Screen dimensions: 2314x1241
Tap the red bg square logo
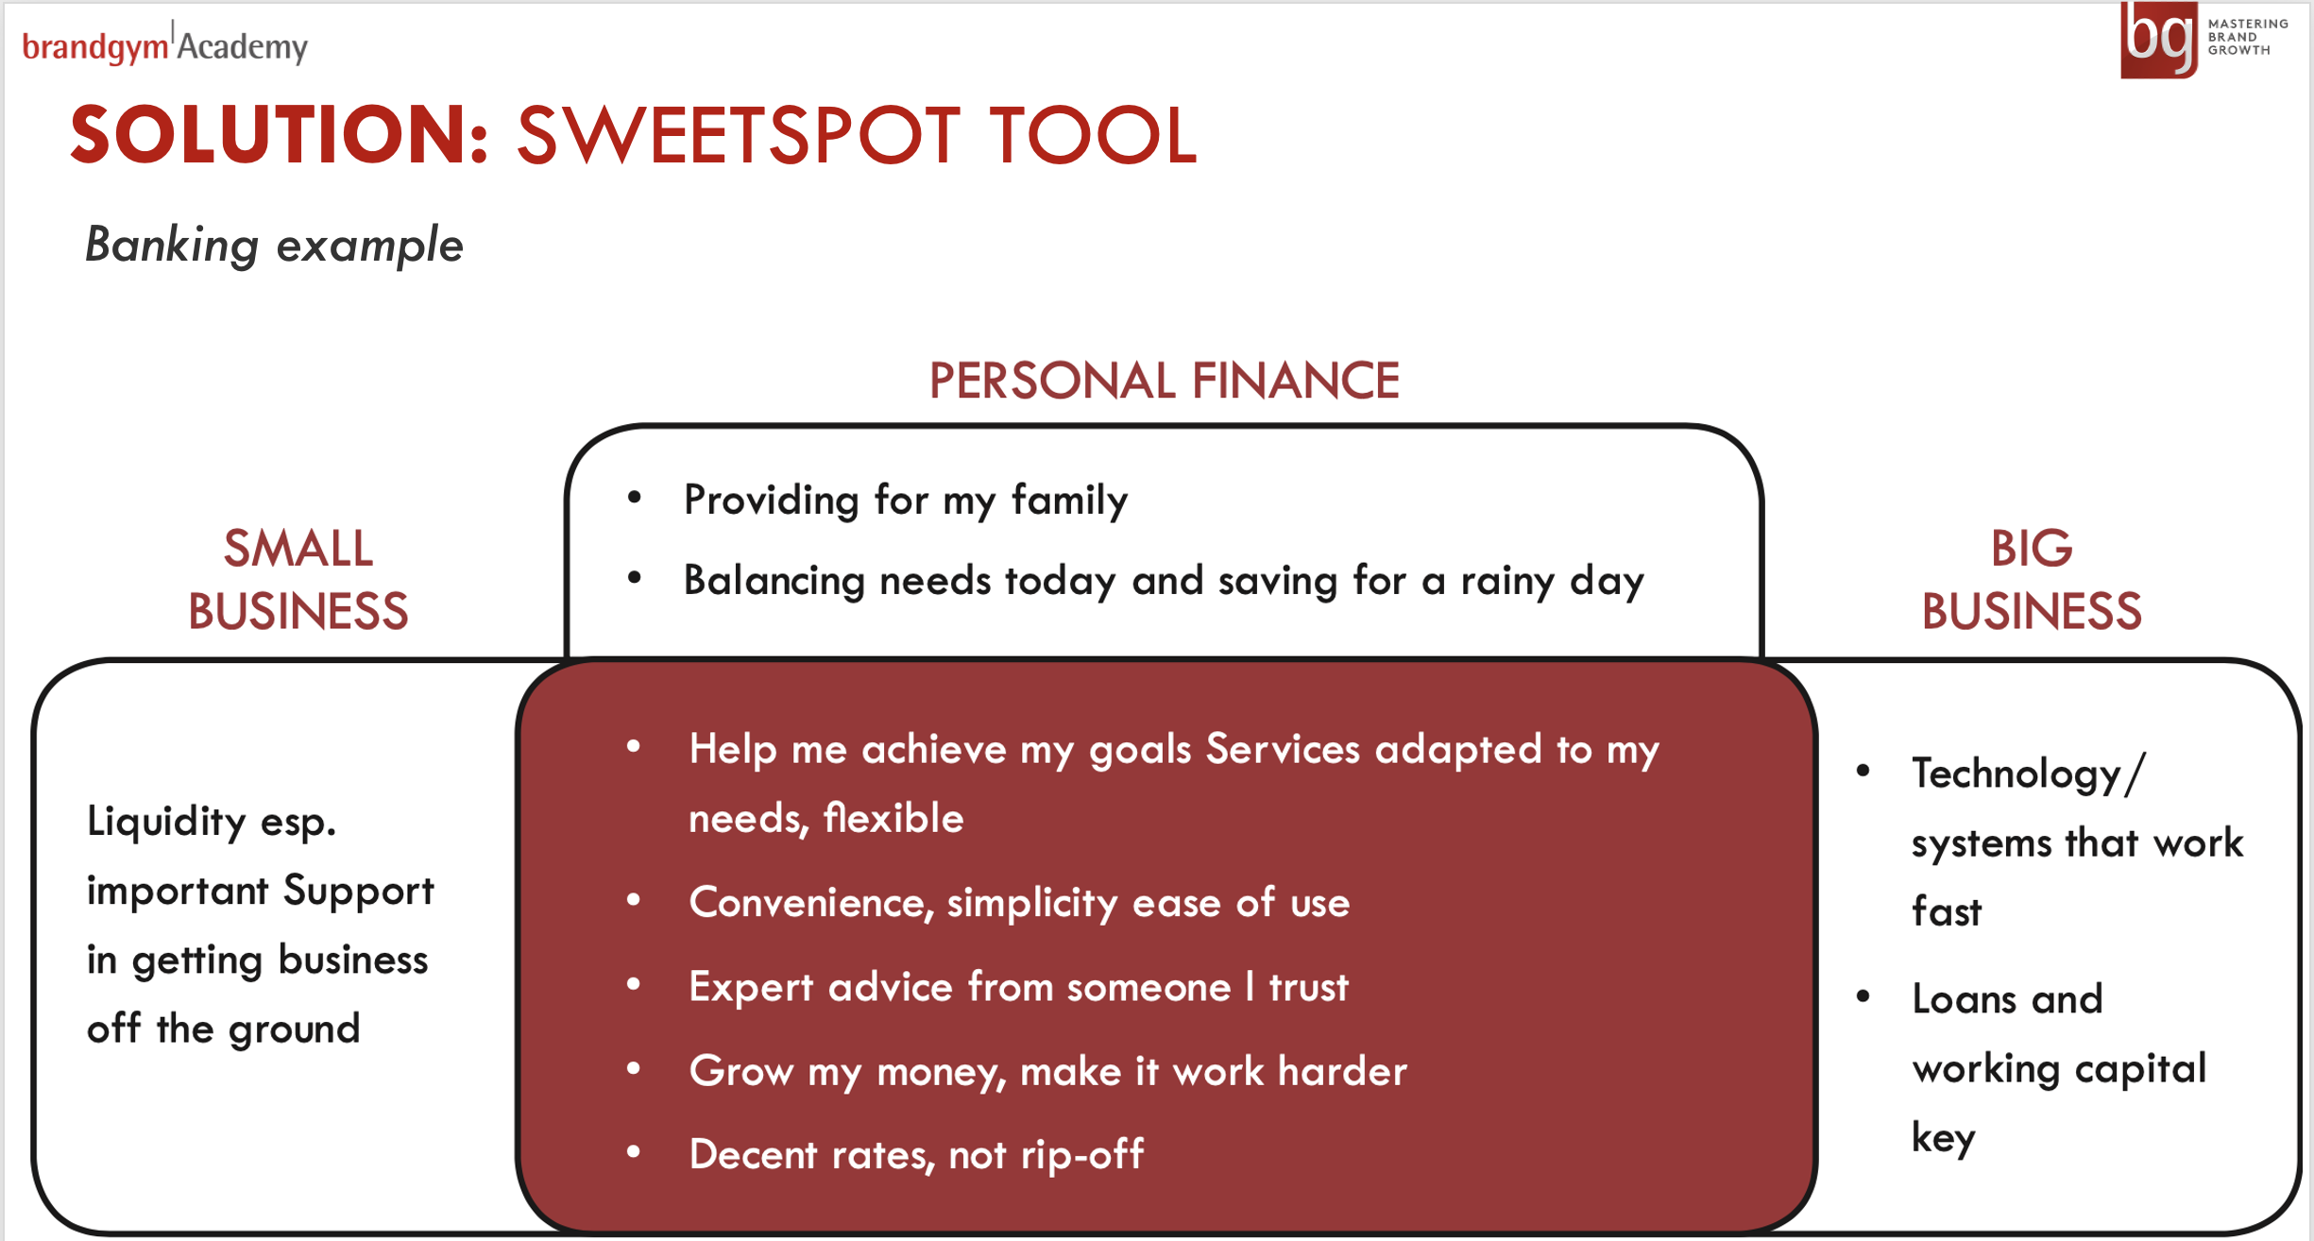[2159, 40]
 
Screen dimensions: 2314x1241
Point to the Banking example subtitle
[274, 246]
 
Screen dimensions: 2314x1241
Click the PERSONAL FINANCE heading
[1164, 381]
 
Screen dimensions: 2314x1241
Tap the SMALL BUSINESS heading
[298, 579]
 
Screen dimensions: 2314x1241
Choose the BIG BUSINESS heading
[2032, 579]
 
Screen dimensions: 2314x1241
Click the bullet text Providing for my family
[906, 500]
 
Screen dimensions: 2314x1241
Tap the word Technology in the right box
[2016, 773]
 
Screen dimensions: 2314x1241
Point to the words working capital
[2059, 1068]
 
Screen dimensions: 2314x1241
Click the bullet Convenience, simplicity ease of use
[1019, 903]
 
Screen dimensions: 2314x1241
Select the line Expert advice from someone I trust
[1018, 987]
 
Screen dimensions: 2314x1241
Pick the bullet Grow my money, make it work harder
[1048, 1072]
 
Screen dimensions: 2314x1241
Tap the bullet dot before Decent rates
[634, 1151]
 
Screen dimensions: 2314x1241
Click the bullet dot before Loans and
[1863, 995]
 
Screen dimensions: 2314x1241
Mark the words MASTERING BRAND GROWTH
[2248, 37]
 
